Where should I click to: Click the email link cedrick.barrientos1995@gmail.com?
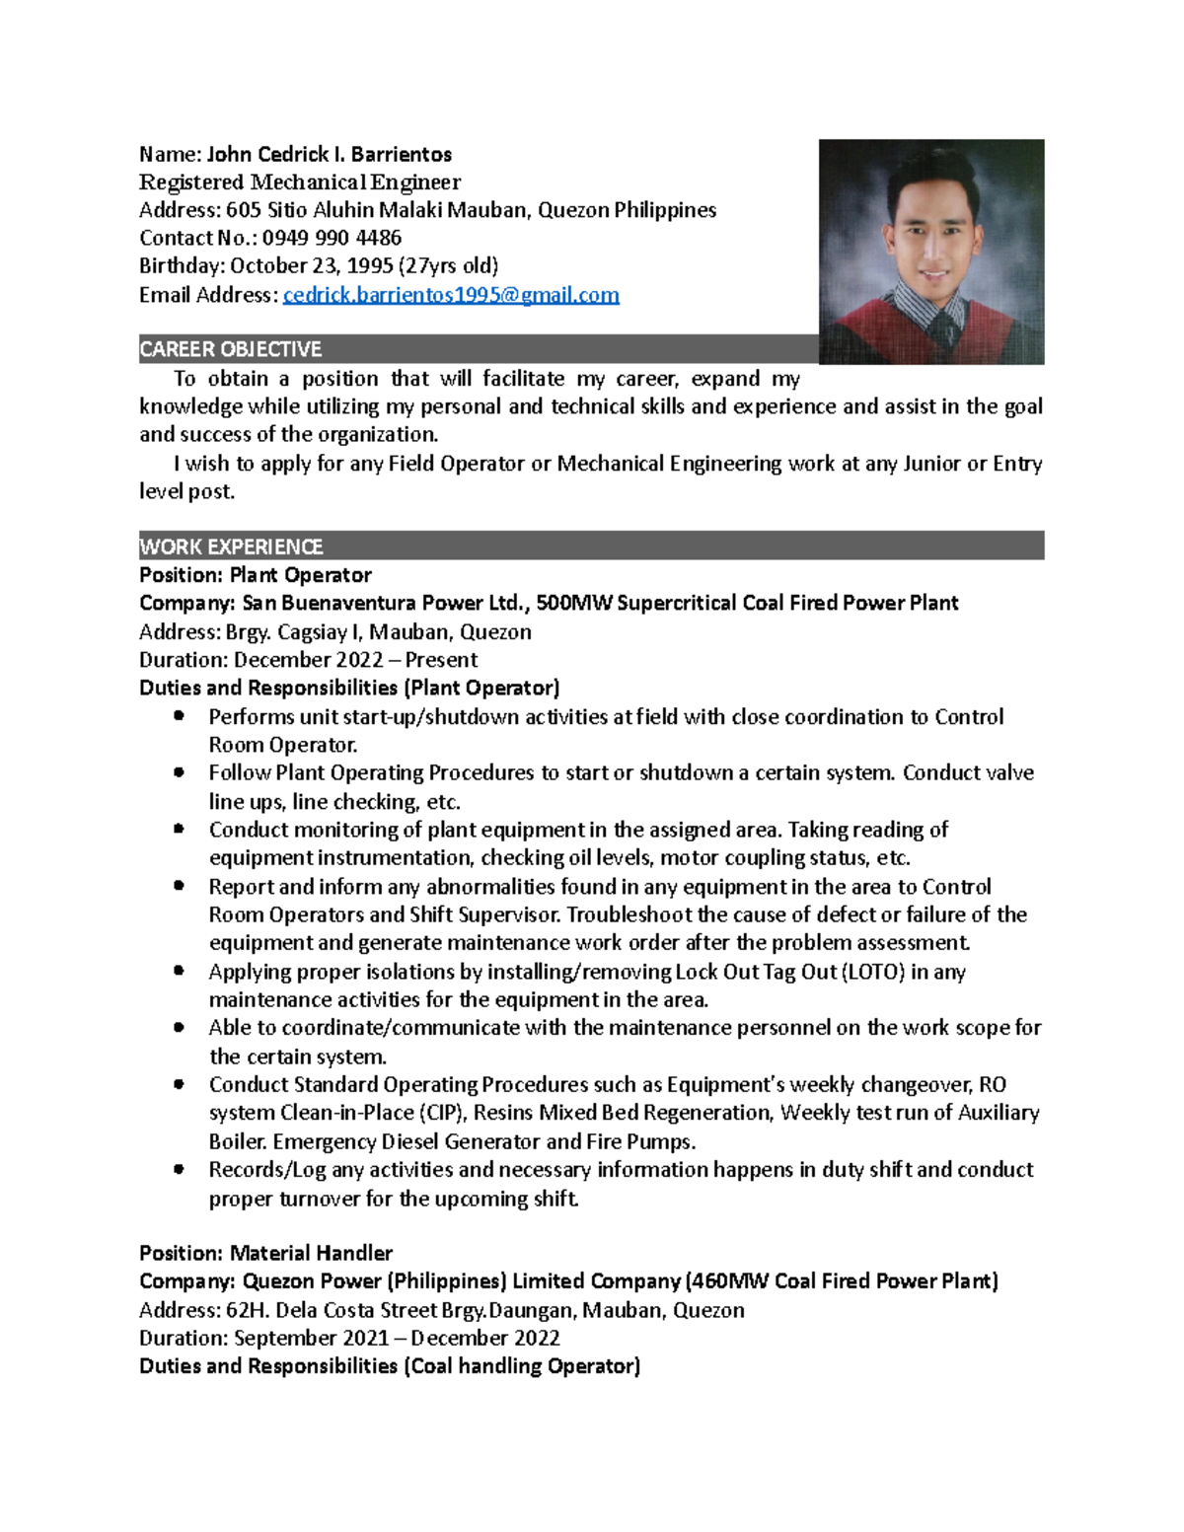point(451,295)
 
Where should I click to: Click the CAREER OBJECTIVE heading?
point(231,349)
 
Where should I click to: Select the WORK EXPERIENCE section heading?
point(231,547)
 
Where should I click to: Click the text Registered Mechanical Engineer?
point(300,182)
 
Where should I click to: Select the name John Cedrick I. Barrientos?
point(329,154)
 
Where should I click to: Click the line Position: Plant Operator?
point(256,575)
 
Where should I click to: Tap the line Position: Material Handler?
point(266,1254)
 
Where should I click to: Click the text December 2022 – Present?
point(355,660)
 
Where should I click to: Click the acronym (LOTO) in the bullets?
point(872,973)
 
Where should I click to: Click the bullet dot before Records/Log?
point(179,1169)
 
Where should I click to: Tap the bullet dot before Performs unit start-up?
point(179,716)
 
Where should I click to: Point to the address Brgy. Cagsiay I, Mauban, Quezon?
point(378,632)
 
